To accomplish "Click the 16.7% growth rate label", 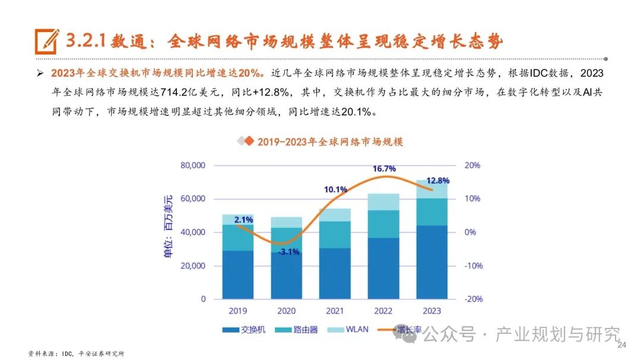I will [384, 169].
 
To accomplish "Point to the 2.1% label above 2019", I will [243, 219].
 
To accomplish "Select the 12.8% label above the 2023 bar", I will [438, 180].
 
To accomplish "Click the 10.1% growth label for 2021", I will [335, 189].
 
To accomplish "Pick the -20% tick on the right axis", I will [473, 299].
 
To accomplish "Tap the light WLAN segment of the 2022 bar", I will [384, 202].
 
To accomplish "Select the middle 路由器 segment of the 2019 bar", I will [237, 237].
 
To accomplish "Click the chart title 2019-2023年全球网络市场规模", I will [329, 142].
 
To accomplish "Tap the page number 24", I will [622, 345].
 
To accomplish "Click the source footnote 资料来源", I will [77, 353].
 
